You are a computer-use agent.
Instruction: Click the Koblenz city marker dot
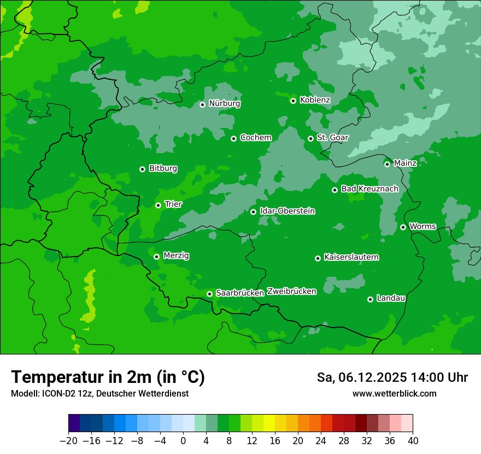(294, 101)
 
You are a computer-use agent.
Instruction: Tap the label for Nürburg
(224, 103)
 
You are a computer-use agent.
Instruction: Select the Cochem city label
(255, 137)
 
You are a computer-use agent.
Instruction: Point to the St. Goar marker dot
(310, 138)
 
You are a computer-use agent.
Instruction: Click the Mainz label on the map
(405, 163)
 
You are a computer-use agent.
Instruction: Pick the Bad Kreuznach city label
(369, 189)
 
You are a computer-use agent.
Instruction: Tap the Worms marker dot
(403, 227)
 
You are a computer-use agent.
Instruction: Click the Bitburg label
(163, 168)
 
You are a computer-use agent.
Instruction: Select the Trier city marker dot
(158, 205)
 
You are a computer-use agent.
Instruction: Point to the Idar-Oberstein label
(287, 211)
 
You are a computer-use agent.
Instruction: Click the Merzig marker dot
(156, 257)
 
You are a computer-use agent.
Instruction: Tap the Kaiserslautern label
(351, 257)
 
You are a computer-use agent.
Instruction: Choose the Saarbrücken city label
(240, 293)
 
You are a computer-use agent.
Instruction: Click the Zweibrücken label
(291, 292)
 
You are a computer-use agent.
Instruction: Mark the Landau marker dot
(370, 299)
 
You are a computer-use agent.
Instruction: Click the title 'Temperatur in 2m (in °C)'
(108, 377)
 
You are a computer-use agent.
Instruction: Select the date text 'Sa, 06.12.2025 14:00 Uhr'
(392, 377)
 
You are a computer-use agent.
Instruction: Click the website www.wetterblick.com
(394, 393)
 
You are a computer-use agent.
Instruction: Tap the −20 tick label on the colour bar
(68, 441)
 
